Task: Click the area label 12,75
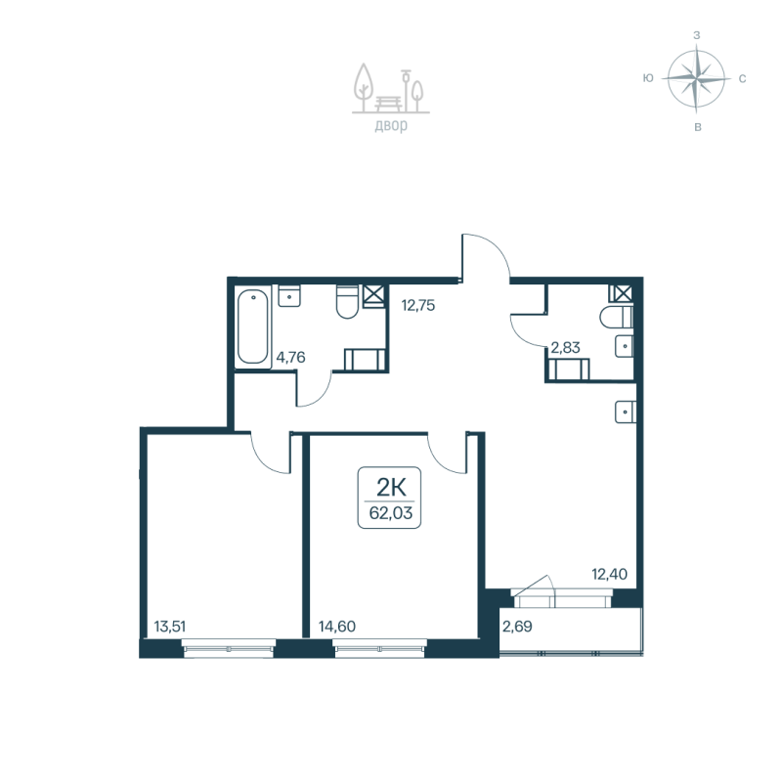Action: (417, 304)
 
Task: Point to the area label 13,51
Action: (171, 627)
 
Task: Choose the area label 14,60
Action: (336, 627)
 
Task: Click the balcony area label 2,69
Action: (517, 627)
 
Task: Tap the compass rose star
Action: (696, 78)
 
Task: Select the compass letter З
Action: (696, 34)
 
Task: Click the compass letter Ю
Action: (648, 78)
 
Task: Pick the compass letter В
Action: (696, 127)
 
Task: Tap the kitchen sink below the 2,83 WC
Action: (625, 412)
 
